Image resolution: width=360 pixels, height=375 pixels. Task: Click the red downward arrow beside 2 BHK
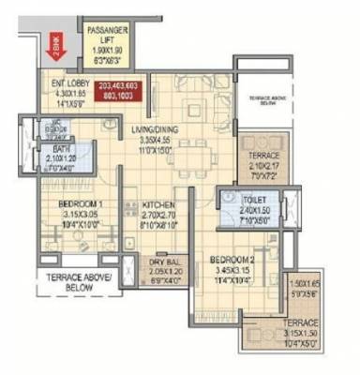tap(54, 43)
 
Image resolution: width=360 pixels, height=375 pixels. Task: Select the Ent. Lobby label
tap(70, 82)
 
